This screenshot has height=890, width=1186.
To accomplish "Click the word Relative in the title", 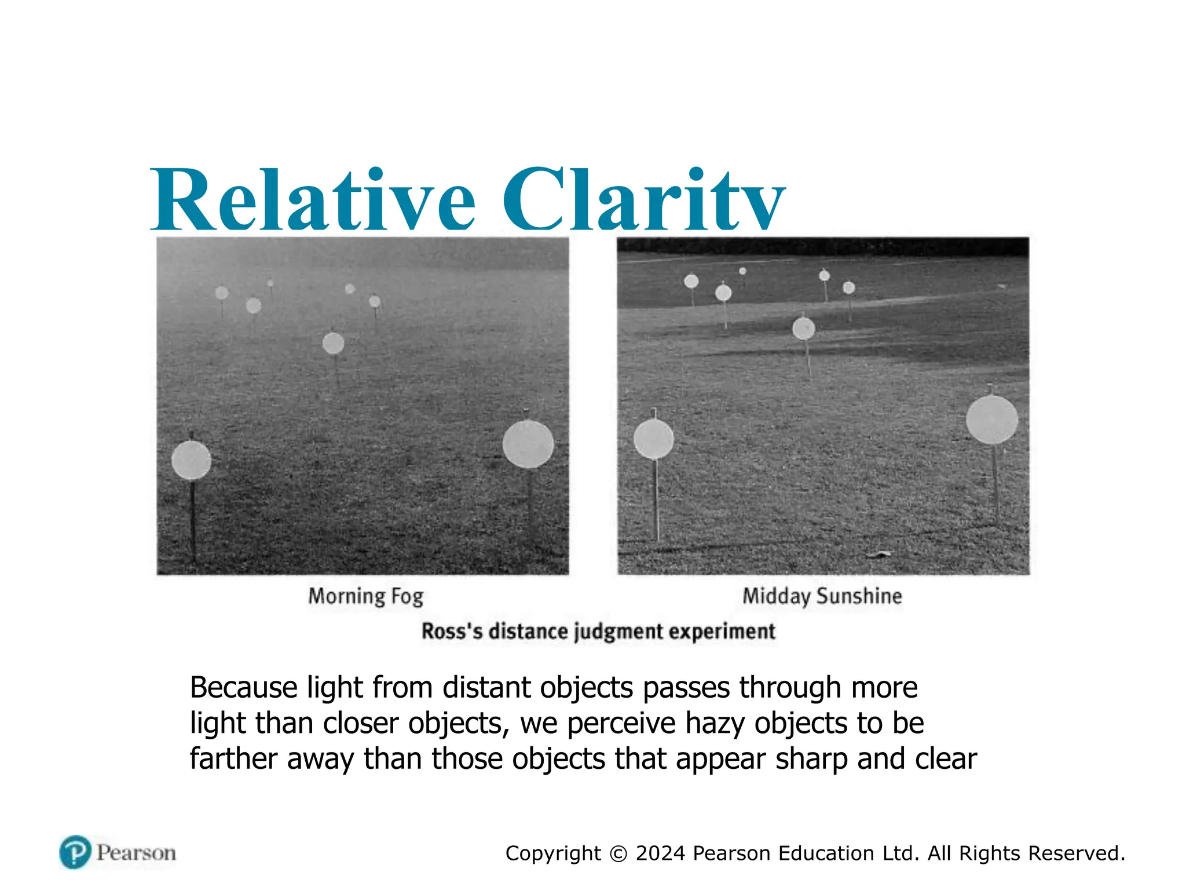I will click(313, 200).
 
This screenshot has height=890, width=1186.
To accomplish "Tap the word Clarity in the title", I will click(643, 200).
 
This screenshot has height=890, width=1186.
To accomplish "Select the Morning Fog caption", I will click(365, 596).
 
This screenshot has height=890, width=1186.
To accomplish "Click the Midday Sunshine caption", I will click(822, 596).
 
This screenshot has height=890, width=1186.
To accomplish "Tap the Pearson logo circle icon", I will click(75, 852).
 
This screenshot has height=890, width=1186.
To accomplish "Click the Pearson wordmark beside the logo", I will click(136, 853).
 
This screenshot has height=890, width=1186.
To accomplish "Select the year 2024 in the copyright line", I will click(660, 853).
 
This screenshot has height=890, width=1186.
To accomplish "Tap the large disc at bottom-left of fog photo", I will click(191, 460).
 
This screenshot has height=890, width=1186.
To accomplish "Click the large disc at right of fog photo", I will click(528, 444).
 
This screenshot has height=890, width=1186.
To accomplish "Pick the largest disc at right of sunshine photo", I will click(991, 420).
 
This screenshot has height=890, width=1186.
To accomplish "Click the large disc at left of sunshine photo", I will click(653, 439).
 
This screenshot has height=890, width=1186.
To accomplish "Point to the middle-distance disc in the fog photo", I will click(333, 344).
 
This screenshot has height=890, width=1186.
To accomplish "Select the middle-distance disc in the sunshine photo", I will click(803, 329).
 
